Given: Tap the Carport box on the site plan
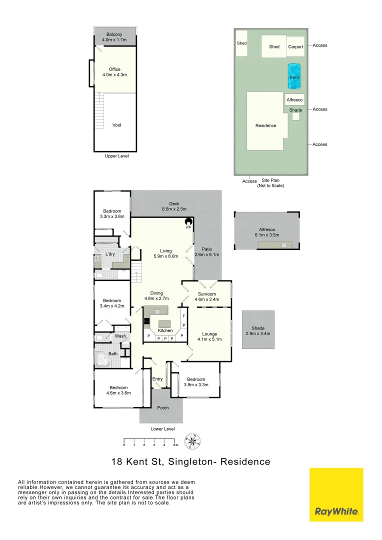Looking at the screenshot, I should pyautogui.click(x=295, y=46).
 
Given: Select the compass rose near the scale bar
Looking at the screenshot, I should pyautogui.click(x=192, y=441).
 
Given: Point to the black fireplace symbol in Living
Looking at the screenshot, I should pyautogui.click(x=189, y=222).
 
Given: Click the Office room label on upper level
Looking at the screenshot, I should pyautogui.click(x=114, y=69).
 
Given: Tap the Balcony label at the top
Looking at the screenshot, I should pyautogui.click(x=114, y=34).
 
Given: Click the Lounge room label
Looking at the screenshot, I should pyautogui.click(x=209, y=333).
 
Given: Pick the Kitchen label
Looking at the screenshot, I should pyautogui.click(x=165, y=330).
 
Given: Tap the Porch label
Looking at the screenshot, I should pyautogui.click(x=162, y=407).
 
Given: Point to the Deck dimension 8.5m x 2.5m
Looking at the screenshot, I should pyautogui.click(x=174, y=209).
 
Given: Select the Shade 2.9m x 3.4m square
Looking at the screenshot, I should pyautogui.click(x=258, y=330).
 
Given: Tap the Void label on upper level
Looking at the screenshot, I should pyautogui.click(x=116, y=125).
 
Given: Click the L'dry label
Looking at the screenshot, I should pyautogui.click(x=110, y=254).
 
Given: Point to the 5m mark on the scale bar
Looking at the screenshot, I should pyautogui.click(x=175, y=444).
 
